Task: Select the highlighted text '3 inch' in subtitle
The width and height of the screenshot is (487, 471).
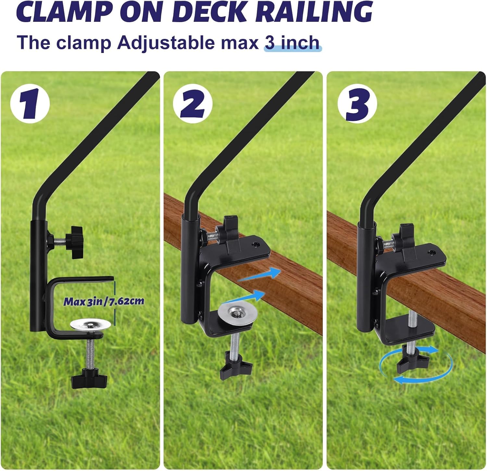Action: click(x=292, y=43)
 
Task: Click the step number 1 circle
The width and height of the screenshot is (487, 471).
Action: click(x=30, y=104)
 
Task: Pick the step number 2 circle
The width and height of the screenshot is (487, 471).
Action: click(x=193, y=104)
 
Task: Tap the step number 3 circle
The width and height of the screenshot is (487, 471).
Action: click(x=357, y=104)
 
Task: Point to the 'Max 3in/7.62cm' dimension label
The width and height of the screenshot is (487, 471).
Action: click(x=103, y=301)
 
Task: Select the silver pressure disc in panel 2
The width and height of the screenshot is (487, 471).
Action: click(x=238, y=313)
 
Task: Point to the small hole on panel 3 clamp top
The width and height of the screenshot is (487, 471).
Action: click(x=431, y=252)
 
